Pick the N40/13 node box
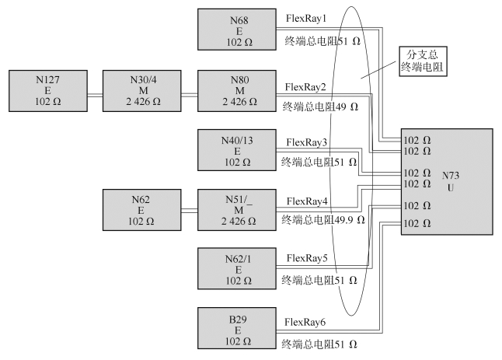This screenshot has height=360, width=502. [238, 150]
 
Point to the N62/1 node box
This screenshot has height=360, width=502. [238, 269]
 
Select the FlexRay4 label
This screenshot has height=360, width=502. [307, 201]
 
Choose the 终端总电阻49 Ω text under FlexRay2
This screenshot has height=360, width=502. [319, 105]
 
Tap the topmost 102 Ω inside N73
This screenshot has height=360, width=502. [417, 141]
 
